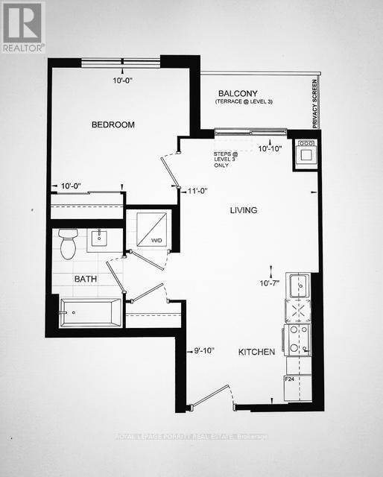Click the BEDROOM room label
[x=113, y=125]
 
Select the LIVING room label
[x=243, y=211]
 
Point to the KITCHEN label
[x=256, y=352]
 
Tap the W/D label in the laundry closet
[x=156, y=241]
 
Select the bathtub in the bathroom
[x=90, y=312]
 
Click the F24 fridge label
[x=290, y=380]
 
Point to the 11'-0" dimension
[x=196, y=191]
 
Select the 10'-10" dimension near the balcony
[x=269, y=149]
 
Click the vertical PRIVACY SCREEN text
[x=315, y=104]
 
